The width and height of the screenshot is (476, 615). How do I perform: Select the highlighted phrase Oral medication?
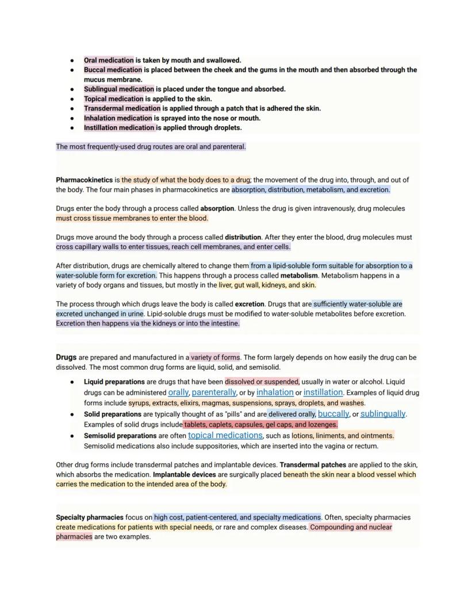click(x=109, y=60)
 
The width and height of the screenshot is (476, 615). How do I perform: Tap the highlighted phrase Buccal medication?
click(x=113, y=69)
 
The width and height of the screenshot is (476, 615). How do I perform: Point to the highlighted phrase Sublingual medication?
click(x=119, y=89)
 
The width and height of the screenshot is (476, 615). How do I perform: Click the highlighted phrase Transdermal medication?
click(x=122, y=108)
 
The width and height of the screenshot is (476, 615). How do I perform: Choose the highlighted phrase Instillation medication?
click(x=119, y=127)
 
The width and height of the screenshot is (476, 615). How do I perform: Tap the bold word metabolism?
click(x=299, y=275)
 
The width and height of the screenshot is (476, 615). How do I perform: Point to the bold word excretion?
click(x=249, y=304)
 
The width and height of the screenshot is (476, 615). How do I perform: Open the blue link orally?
click(x=178, y=392)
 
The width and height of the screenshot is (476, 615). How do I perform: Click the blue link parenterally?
click(x=214, y=392)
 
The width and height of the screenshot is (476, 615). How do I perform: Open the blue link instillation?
click(x=323, y=392)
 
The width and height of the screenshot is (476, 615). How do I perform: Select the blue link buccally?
click(x=333, y=413)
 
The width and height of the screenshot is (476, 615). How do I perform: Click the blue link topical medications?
click(x=225, y=435)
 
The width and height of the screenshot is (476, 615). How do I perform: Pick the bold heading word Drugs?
click(x=66, y=357)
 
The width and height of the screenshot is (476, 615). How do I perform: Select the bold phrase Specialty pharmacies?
click(x=89, y=517)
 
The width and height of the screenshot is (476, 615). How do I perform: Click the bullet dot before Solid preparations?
click(x=72, y=414)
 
